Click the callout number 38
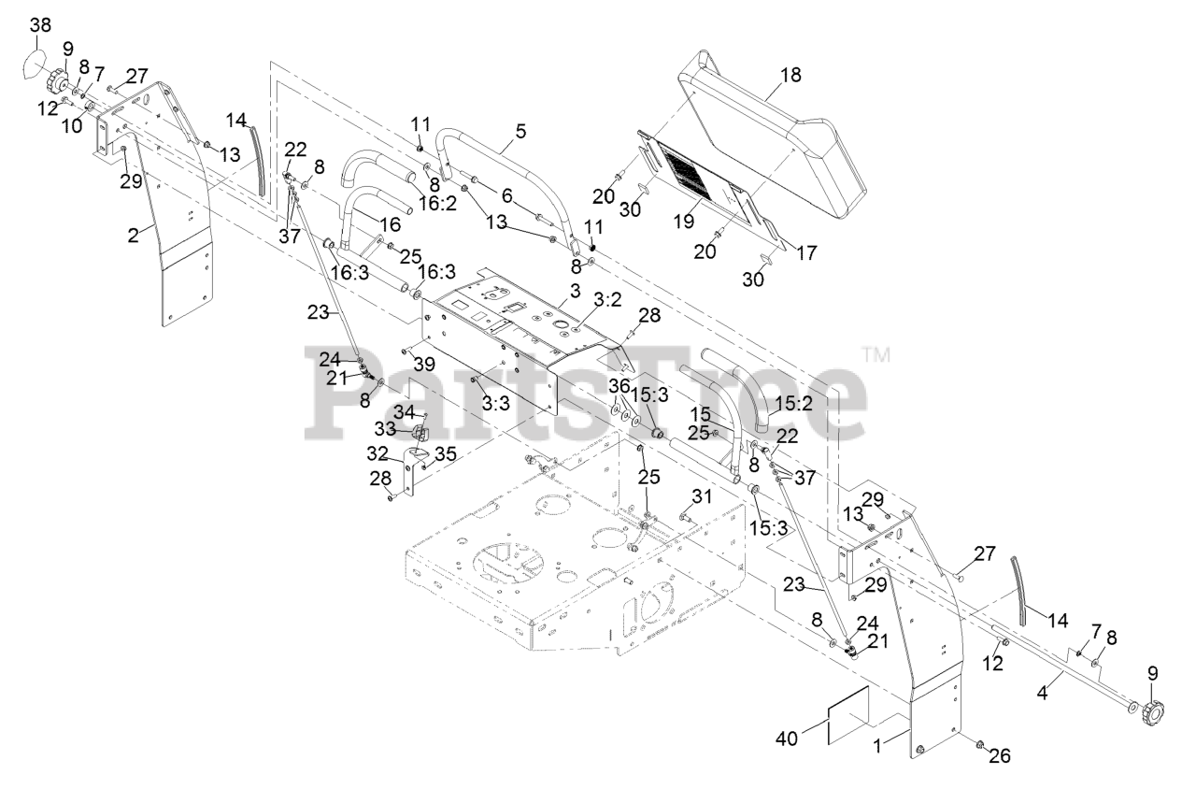click(x=40, y=26)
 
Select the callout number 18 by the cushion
click(x=790, y=75)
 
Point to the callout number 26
click(x=999, y=755)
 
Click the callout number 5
click(x=519, y=132)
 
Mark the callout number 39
click(x=424, y=364)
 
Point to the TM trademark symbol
click(x=875, y=355)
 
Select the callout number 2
click(x=135, y=236)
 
